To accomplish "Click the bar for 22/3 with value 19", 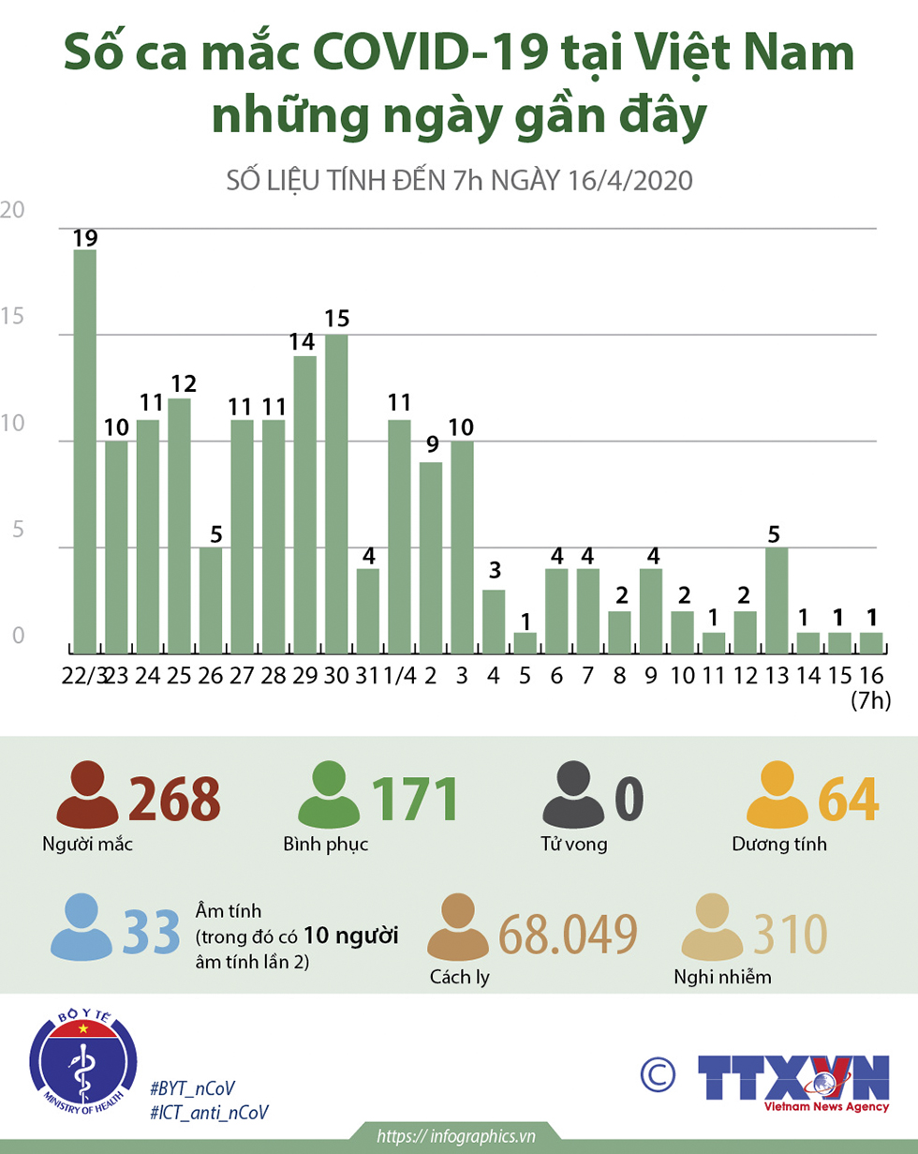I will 85,452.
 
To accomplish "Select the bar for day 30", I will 336,494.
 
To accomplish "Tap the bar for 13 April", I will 777,600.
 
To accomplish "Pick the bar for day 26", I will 211,600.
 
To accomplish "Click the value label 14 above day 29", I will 304,342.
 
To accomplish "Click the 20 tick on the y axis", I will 12,211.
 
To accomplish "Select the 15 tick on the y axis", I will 12,317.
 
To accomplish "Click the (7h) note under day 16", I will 871,702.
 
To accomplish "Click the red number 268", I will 175,799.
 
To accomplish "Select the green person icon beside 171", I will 329,797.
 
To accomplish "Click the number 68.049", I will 569,934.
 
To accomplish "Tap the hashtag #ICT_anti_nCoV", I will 210,1112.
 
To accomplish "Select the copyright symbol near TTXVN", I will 659,1074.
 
